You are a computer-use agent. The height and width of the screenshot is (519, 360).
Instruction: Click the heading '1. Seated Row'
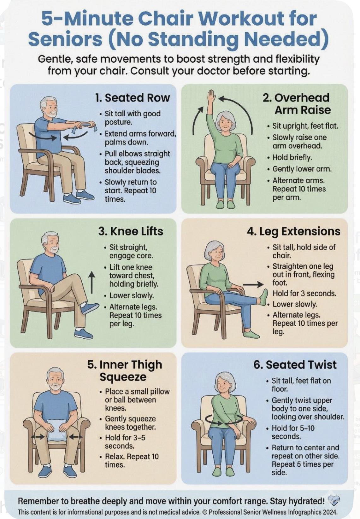click(133, 98)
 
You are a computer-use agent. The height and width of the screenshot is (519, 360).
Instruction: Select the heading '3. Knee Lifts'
click(131, 231)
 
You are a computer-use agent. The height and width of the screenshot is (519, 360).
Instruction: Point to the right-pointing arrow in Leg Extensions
click(253, 285)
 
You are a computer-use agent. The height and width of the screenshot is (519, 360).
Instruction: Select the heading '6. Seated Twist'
click(295, 365)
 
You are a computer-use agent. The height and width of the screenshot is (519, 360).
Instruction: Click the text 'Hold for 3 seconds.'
click(304, 293)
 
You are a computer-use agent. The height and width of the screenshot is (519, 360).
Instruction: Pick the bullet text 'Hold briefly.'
click(292, 158)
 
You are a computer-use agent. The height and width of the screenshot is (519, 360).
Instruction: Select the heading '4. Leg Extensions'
click(293, 231)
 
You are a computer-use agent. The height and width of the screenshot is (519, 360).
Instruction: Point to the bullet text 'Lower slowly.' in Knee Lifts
click(132, 296)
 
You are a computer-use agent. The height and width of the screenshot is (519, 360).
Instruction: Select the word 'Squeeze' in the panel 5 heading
click(123, 377)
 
